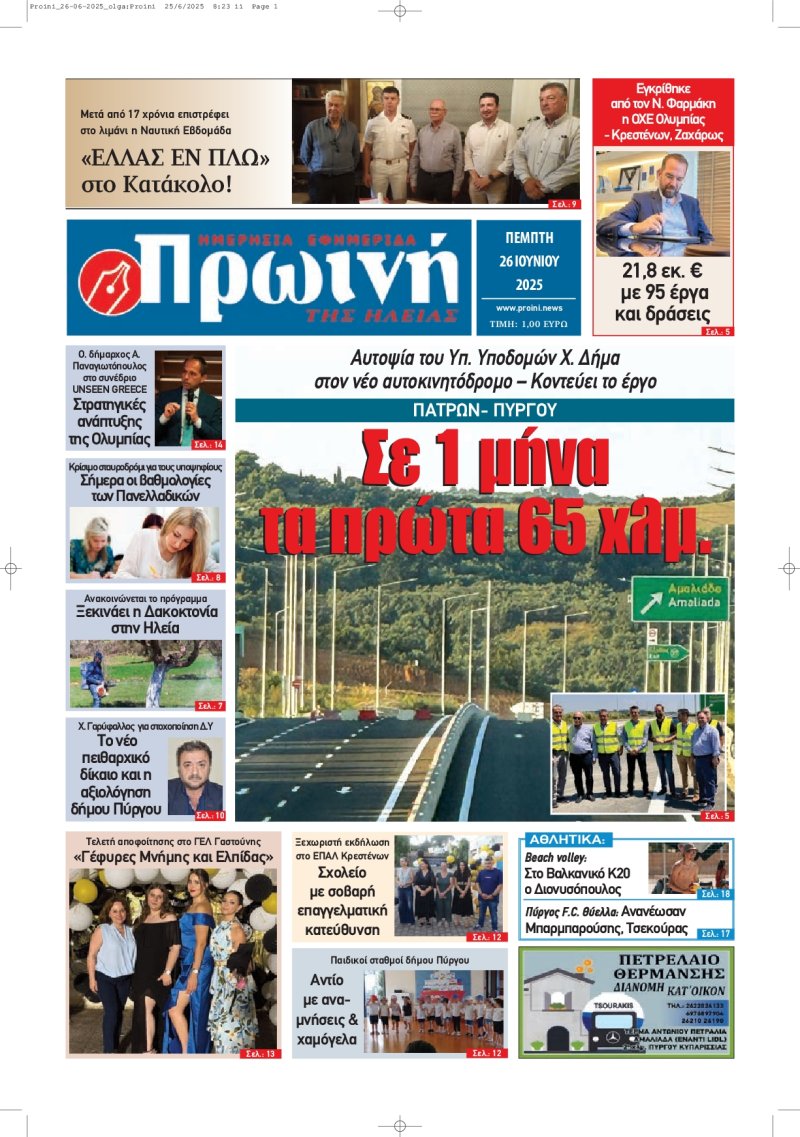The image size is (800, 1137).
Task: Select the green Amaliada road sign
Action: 680,597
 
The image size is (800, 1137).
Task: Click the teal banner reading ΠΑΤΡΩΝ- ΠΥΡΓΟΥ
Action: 484,410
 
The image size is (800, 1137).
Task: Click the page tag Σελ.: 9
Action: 565,204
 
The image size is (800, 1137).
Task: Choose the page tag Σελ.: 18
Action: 715,894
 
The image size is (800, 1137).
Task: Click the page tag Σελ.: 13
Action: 261,1053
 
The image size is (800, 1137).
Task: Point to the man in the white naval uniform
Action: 388,144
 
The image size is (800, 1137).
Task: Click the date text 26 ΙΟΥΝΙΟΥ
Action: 528,260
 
